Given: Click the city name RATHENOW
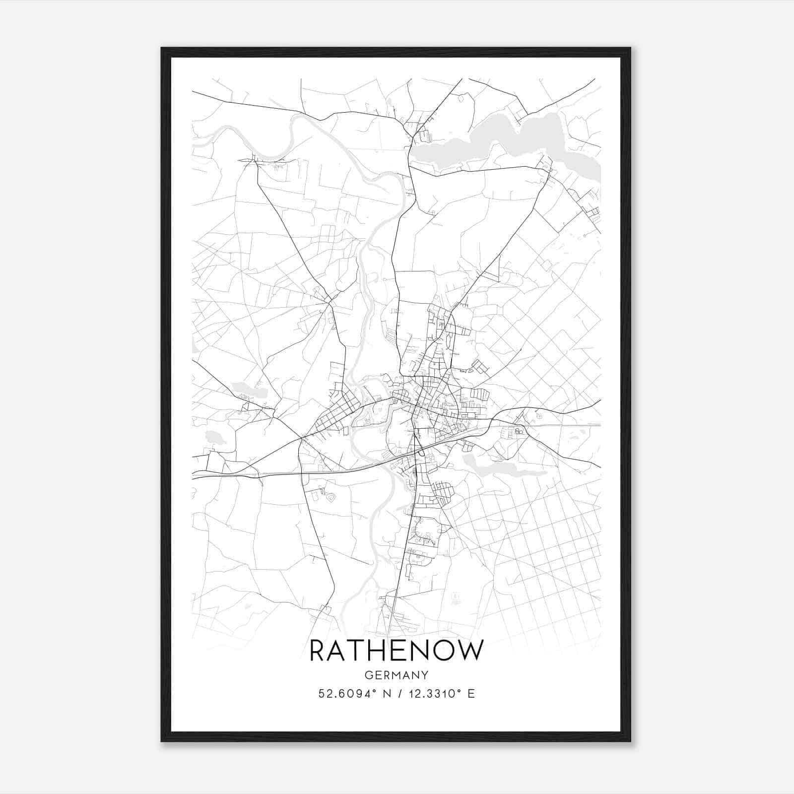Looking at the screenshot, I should pyautogui.click(x=396, y=651).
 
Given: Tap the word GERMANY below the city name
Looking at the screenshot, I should pyautogui.click(x=396, y=675).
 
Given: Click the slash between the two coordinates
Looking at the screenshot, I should pyautogui.click(x=400, y=694).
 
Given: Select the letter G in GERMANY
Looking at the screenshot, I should pyautogui.click(x=368, y=675).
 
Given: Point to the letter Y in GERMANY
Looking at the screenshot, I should pyautogui.click(x=425, y=675).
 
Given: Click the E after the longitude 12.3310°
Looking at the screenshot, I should pyautogui.click(x=471, y=694).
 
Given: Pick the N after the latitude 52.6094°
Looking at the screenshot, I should pyautogui.click(x=386, y=694).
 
